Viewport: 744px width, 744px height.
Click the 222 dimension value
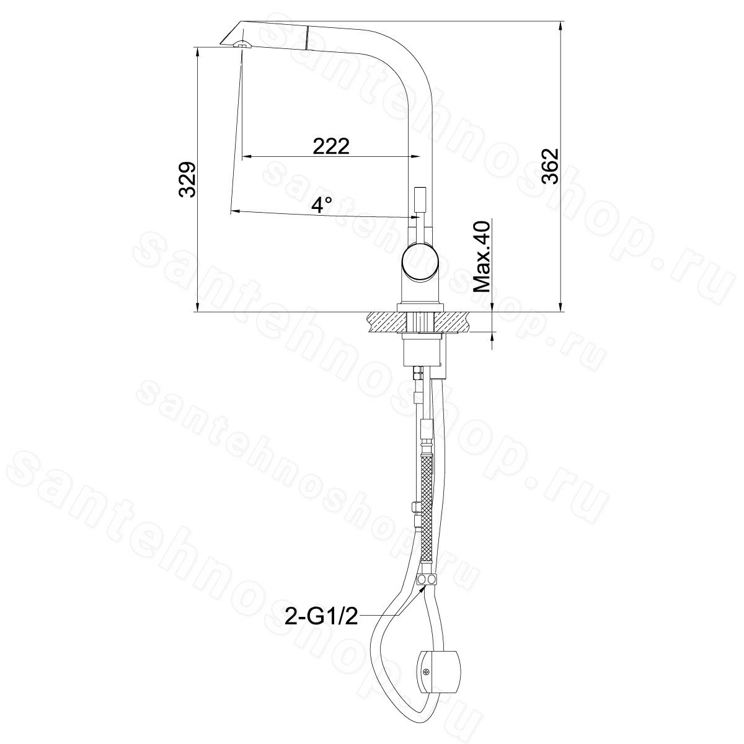tap(331, 146)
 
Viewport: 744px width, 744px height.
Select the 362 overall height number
tap(550, 166)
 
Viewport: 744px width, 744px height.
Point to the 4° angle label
tap(322, 205)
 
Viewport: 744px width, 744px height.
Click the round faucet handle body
tap(420, 261)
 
